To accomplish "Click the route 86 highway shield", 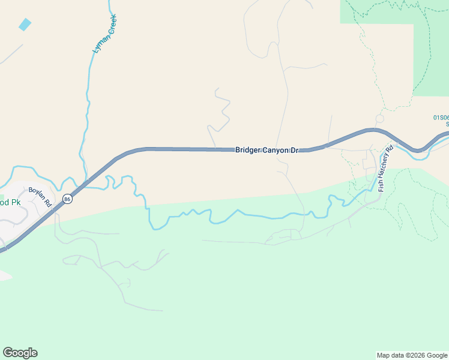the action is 67,199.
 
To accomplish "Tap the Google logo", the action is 20,353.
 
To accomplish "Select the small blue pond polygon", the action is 25,25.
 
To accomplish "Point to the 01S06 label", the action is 441,118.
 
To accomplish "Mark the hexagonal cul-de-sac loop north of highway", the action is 379,118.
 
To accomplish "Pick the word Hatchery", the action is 386,164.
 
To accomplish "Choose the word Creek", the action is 109,25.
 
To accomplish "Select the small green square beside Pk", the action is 2,196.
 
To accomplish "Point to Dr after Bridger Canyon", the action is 294,149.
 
